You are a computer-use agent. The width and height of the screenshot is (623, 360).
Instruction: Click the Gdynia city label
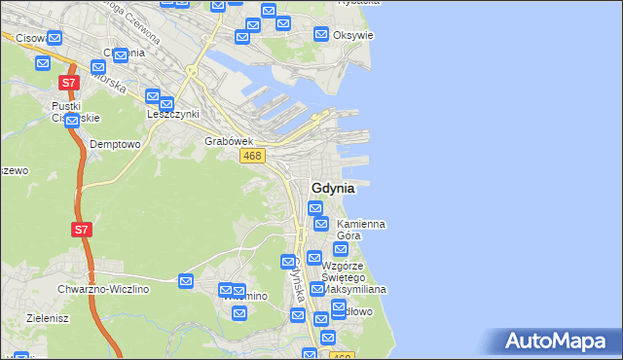pos(332,188)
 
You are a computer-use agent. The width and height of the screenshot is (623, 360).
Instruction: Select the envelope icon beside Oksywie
pos(321,34)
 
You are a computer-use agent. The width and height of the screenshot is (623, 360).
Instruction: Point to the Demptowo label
pos(115,143)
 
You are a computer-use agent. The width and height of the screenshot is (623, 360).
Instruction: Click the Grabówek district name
pos(229,141)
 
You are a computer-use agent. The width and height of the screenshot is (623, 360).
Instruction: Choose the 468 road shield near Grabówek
pos(252,157)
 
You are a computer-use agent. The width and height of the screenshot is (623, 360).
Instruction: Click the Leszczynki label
pos(173,113)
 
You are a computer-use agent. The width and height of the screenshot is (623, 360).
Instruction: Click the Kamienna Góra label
pos(359,230)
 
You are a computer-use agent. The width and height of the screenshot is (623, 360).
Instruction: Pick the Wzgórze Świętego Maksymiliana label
pos(355,278)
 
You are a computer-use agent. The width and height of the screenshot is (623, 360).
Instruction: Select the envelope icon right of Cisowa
pos(55,39)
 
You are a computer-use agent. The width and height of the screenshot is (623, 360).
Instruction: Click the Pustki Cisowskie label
pos(76,111)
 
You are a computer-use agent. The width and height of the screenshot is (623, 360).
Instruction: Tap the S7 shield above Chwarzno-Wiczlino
pos(82,231)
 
